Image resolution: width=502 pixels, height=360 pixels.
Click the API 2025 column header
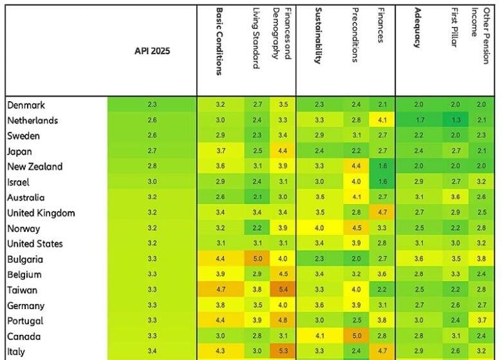click(152, 51)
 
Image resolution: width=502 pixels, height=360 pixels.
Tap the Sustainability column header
click(318, 36)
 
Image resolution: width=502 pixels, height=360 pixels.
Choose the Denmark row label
click(26, 105)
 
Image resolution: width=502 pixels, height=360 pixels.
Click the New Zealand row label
click(35, 167)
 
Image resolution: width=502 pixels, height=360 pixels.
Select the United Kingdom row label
click(41, 213)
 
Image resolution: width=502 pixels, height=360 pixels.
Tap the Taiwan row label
click(22, 290)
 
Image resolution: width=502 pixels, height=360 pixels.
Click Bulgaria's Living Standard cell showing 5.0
click(258, 260)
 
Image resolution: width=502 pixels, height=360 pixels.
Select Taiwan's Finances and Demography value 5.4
click(283, 290)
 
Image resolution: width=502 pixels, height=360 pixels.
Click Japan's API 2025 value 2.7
click(152, 151)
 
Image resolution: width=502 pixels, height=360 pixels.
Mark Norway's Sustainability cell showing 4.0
click(320, 229)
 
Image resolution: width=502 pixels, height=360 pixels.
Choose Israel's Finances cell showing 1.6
click(382, 182)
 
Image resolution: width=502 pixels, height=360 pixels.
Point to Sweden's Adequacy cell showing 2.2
click(419, 136)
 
